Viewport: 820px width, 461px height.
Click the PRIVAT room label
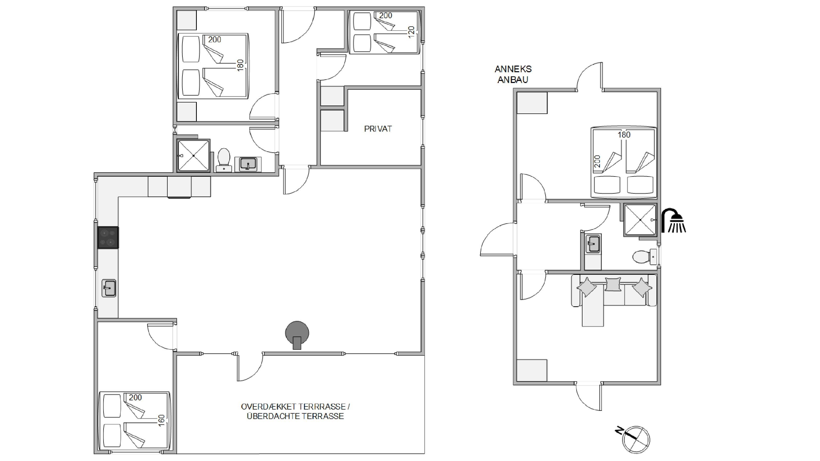(x=378, y=129)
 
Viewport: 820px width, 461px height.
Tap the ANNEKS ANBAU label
(x=513, y=74)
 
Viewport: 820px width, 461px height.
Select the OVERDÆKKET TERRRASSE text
(x=295, y=407)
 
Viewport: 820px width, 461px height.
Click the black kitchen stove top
(x=108, y=237)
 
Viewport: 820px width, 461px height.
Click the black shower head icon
(x=673, y=221)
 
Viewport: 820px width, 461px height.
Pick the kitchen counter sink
(x=109, y=288)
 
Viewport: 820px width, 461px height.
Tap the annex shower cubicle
(x=640, y=220)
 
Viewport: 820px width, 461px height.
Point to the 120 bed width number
(x=411, y=32)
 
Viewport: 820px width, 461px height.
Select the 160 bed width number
(x=161, y=420)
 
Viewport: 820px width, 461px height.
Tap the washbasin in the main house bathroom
(x=248, y=164)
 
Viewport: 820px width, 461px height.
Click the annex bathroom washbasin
(x=593, y=244)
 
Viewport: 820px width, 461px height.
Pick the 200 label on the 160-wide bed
(x=135, y=397)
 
